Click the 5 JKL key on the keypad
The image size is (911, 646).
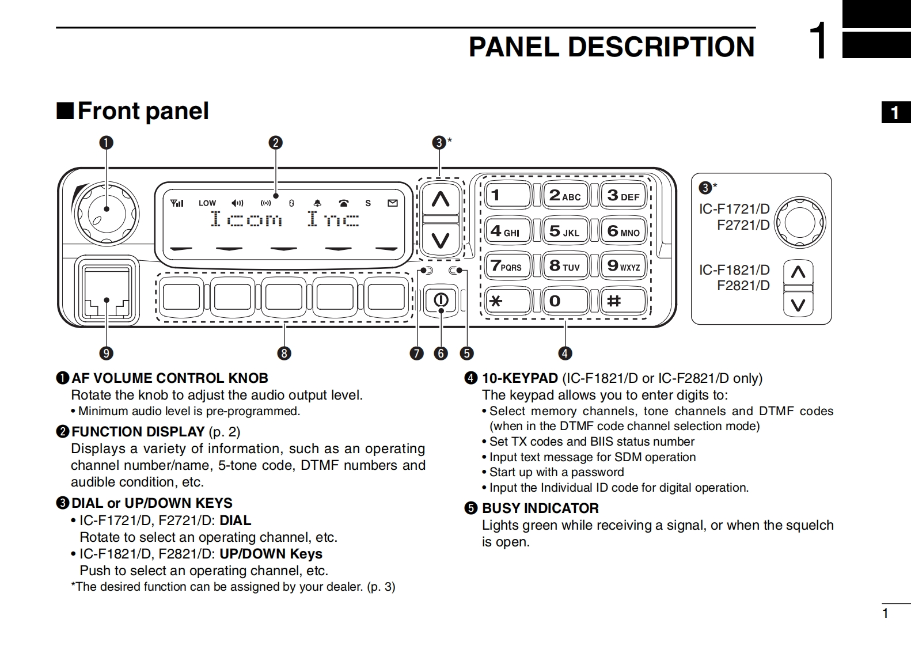pyautogui.click(x=565, y=231)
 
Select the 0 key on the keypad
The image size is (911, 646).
pyautogui.click(x=565, y=301)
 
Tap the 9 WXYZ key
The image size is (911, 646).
pyautogui.click(x=623, y=265)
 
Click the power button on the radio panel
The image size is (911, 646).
pyautogui.click(x=441, y=300)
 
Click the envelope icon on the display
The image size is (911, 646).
pyautogui.click(x=393, y=203)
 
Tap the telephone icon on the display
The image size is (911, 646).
pyautogui.click(x=344, y=203)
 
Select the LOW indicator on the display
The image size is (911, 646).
pyautogui.click(x=207, y=203)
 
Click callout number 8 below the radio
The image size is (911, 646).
pyautogui.click(x=284, y=353)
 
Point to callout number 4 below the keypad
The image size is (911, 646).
pyautogui.click(x=565, y=353)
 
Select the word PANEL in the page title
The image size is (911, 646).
pyautogui.click(x=514, y=47)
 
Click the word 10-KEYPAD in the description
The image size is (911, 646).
pyautogui.click(x=519, y=378)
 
